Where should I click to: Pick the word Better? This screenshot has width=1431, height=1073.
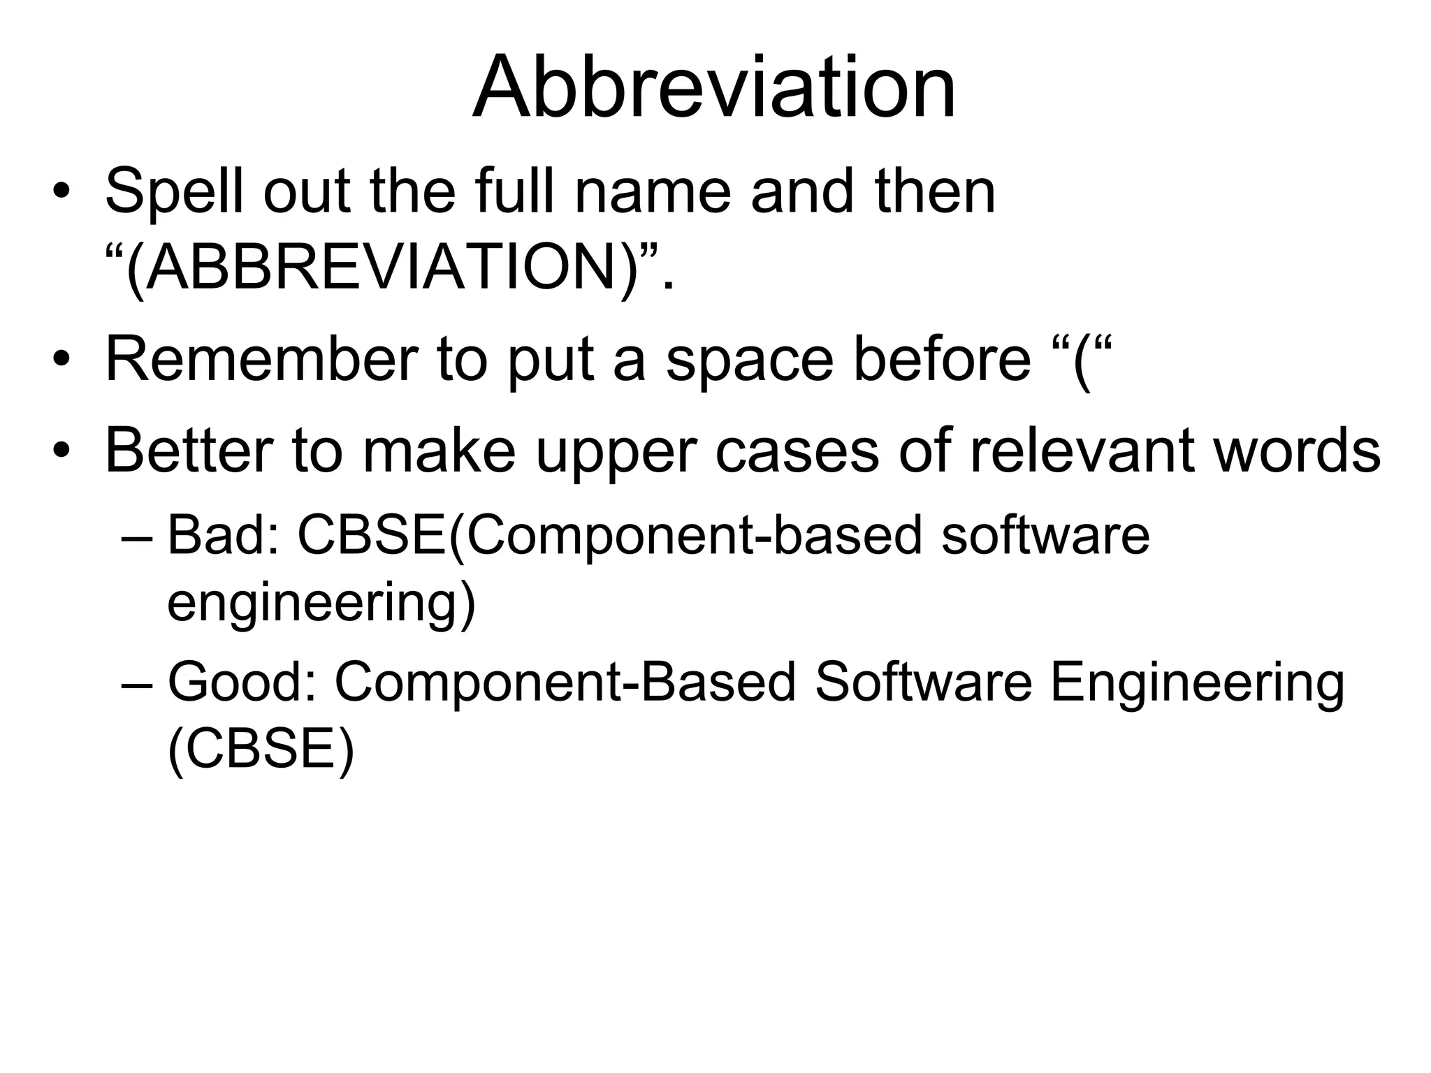[x=188, y=451]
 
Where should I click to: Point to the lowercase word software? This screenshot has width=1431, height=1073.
[x=1045, y=536]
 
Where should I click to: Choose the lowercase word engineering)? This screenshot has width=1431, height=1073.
[x=321, y=605]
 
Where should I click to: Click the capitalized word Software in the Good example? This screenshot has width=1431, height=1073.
[x=922, y=683]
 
